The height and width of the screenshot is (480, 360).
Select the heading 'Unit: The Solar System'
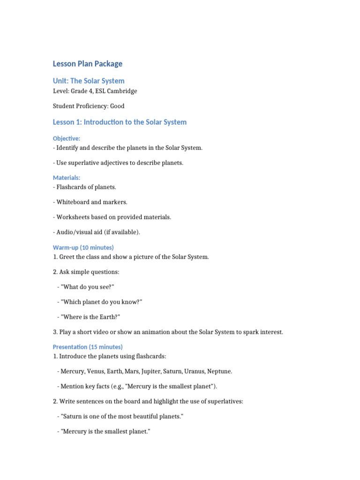pos(89,81)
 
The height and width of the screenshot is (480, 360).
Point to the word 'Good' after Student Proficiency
pos(117,106)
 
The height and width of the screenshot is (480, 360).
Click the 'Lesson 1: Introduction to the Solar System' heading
pos(120,122)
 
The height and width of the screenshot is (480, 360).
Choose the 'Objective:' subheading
pos(67,138)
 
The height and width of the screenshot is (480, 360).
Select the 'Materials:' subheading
pos(67,178)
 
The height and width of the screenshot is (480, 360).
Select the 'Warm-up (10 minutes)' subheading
pos(83,247)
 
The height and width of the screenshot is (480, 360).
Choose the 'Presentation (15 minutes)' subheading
pos(88,347)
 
